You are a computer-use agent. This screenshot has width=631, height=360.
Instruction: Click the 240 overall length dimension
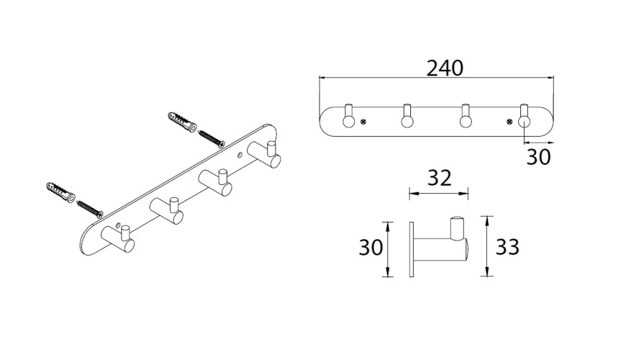(x=445, y=68)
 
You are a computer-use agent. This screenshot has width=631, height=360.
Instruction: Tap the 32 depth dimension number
(x=439, y=178)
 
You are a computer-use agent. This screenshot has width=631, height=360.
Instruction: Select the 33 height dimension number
(x=507, y=247)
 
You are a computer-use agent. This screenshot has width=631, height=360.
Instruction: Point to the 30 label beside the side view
(x=371, y=247)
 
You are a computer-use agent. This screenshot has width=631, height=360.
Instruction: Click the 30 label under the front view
(x=538, y=157)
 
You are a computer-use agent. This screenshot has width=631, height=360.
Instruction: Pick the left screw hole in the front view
(x=363, y=121)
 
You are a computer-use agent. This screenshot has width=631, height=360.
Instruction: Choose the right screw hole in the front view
(x=509, y=121)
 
